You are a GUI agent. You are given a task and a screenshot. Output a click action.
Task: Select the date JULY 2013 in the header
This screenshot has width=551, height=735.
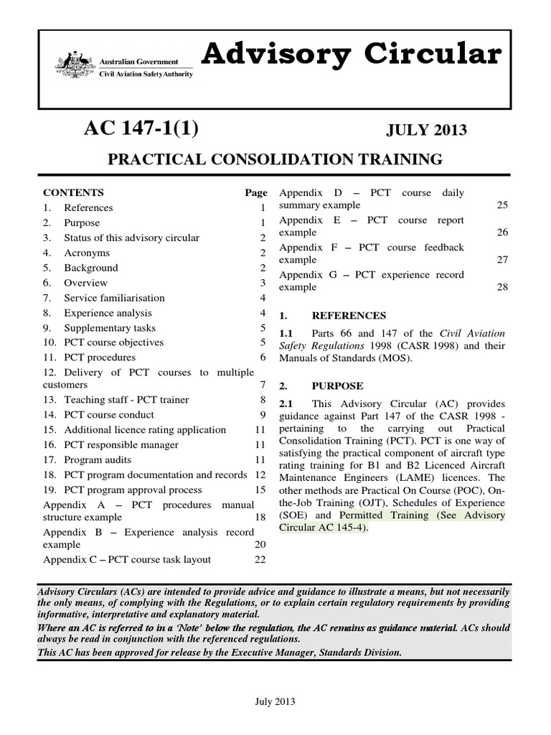pos(426,131)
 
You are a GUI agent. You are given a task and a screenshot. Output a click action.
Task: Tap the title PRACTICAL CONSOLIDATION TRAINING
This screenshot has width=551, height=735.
pos(275,159)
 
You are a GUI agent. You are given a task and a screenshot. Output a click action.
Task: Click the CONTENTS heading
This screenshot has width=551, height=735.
pos(73,192)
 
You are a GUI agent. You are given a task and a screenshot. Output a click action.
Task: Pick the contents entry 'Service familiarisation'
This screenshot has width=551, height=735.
pos(114,298)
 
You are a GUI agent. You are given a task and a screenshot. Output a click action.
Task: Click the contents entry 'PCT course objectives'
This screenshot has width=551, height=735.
pos(113,342)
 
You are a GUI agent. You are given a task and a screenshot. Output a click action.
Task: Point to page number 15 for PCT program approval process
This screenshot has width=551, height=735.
pos(260,490)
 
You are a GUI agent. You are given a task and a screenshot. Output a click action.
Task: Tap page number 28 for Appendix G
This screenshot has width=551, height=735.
pos(501,287)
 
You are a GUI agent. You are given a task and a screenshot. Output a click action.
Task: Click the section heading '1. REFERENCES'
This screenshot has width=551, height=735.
pos(331,315)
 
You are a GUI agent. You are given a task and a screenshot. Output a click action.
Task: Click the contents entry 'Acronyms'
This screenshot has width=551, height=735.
pos(87,253)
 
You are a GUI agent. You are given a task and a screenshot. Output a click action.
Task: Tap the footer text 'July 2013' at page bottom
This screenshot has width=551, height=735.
pos(275,702)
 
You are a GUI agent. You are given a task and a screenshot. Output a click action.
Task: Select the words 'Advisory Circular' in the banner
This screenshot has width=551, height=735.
pos(350,55)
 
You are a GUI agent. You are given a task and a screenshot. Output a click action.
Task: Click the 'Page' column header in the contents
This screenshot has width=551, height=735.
pos(255,192)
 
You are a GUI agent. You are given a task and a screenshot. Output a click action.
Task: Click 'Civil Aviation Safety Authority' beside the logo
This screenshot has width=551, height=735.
pos(146,73)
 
